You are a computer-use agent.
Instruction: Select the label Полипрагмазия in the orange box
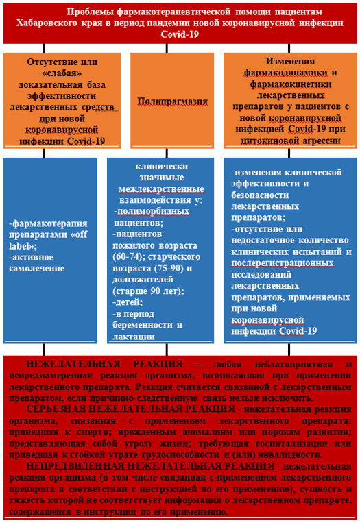click(x=173, y=101)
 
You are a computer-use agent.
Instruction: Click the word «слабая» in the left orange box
click(x=62, y=73)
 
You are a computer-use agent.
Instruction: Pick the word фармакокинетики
click(x=291, y=84)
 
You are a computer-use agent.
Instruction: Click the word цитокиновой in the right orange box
click(x=270, y=141)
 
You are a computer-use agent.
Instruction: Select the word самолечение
click(x=37, y=269)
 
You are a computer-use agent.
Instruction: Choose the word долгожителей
click(x=143, y=280)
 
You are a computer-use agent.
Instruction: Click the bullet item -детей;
click(x=128, y=302)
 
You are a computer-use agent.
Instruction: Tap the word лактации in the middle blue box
click(x=134, y=337)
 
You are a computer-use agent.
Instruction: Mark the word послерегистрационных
click(x=283, y=263)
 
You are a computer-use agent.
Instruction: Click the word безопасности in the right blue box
click(x=260, y=195)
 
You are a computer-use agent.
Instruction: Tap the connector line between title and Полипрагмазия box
click(x=167, y=48)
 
